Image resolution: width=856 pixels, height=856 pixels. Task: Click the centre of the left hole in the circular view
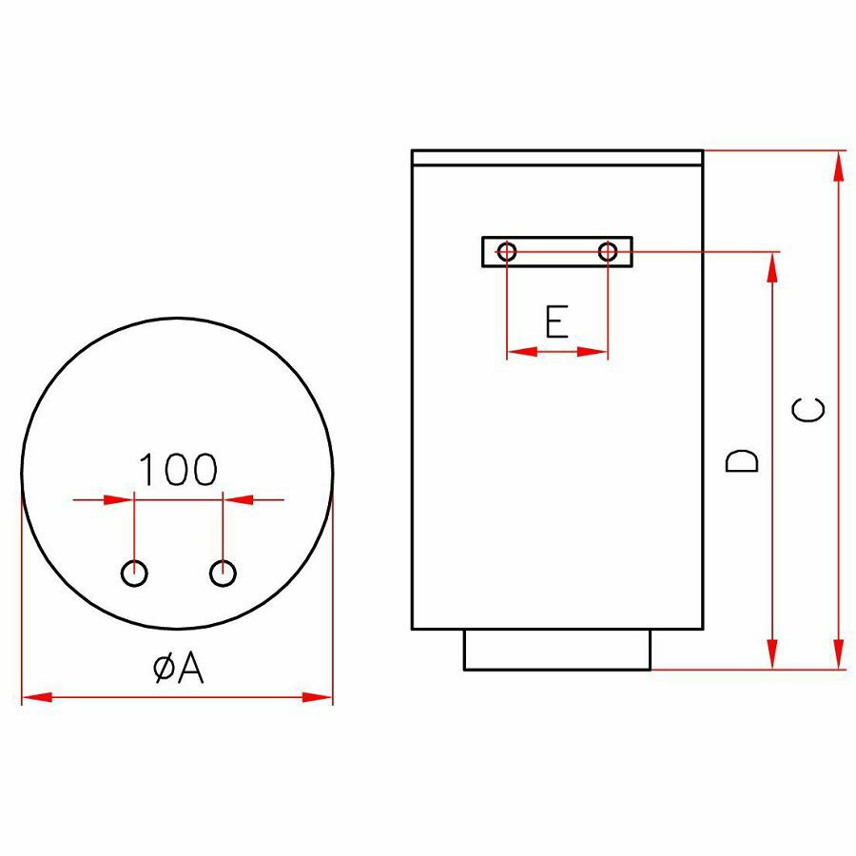[x=134, y=574]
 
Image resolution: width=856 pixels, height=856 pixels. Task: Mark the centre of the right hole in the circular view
[x=223, y=574]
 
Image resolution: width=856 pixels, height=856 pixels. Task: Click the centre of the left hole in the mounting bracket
[x=507, y=252]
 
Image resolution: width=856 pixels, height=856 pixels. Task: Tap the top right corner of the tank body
[x=703, y=150]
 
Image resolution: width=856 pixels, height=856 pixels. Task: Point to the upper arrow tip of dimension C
[x=839, y=151]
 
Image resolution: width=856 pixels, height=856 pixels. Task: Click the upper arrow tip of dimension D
[x=772, y=253]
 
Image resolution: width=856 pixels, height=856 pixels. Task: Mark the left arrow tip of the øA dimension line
[x=23, y=697]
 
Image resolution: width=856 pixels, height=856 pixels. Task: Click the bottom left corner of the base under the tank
[x=464, y=670]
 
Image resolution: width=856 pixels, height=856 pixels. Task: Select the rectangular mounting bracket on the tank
[x=557, y=252]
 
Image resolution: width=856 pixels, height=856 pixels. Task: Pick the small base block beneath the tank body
[x=557, y=650]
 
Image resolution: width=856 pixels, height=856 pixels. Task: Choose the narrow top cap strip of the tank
[x=557, y=157]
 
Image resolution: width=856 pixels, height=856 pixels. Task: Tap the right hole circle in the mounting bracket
[x=608, y=252]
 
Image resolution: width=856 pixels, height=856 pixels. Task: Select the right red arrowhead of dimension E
[x=593, y=352]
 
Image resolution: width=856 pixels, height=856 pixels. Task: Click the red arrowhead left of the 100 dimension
[x=119, y=499]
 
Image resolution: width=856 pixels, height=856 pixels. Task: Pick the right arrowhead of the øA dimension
[x=317, y=697]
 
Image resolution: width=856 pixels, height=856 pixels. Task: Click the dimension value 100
[x=178, y=470]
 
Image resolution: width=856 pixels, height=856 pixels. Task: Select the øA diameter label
[x=179, y=668]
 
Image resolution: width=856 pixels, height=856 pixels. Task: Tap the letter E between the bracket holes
[x=557, y=321]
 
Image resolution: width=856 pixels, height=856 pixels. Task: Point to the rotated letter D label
[x=741, y=460]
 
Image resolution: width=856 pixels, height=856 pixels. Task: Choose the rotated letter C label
[x=807, y=409]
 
